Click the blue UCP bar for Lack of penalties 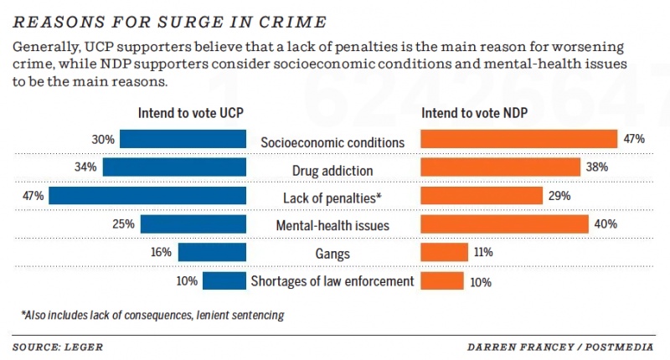[147, 196]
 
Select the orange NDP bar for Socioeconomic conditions [518, 140]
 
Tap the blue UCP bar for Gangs [212, 252]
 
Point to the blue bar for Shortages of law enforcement [224, 280]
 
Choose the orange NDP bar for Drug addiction [499, 167]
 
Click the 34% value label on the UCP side [86, 167]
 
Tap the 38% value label [596, 167]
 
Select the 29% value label [559, 196]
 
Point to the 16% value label [162, 252]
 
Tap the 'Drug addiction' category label [332, 170]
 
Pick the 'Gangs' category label [332, 253]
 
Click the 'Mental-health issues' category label [332, 225]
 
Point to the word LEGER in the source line [88, 346]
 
